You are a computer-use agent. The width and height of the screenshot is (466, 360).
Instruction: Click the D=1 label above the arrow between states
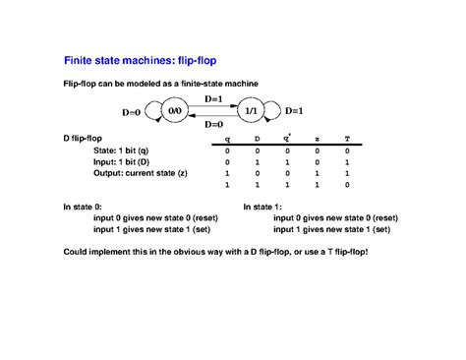pos(212,99)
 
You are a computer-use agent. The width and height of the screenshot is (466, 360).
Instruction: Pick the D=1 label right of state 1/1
pos(294,110)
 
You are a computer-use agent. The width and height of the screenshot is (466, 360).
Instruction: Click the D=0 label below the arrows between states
pos(212,125)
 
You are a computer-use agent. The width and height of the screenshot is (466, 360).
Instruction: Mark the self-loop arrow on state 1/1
pos(272,110)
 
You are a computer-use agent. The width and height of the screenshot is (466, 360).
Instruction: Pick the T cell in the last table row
pos(347,184)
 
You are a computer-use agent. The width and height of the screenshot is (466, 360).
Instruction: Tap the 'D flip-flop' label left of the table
pos(87,140)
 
